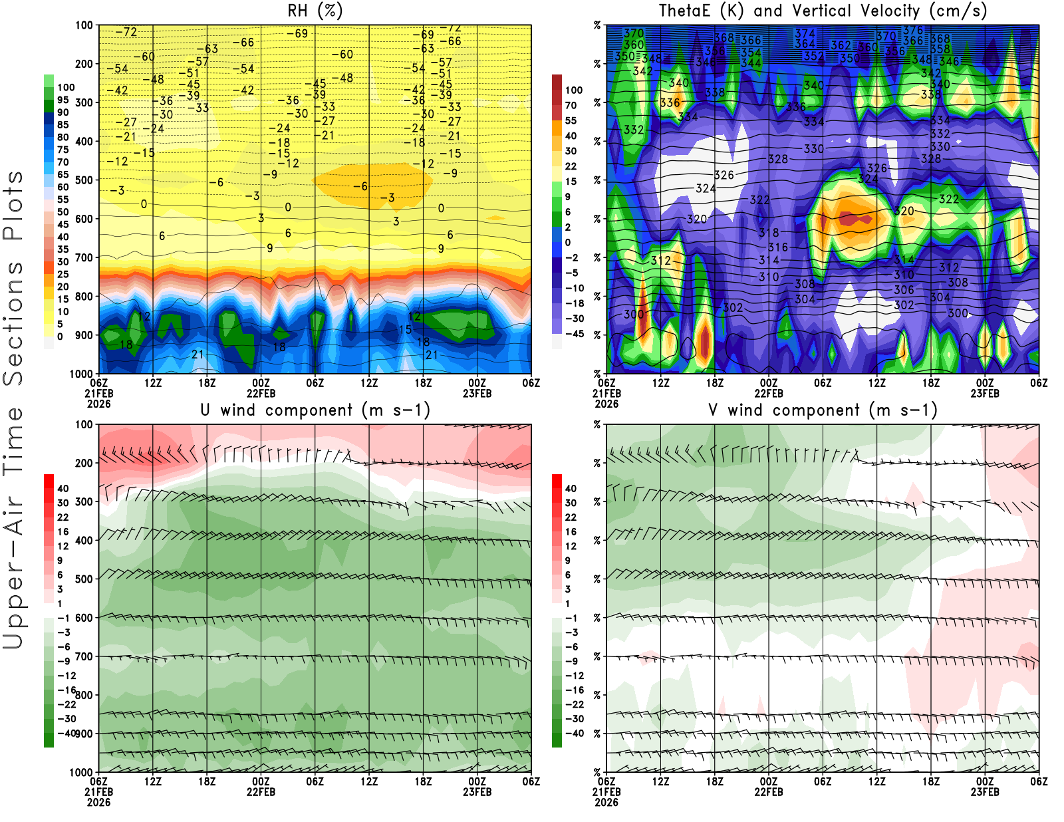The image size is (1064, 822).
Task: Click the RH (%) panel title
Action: pos(315,11)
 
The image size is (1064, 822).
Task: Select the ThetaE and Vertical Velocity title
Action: pos(822,11)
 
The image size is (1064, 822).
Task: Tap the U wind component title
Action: pos(315,410)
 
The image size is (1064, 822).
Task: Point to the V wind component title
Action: pos(822,410)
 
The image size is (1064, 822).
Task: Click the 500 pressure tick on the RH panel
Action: pos(84,180)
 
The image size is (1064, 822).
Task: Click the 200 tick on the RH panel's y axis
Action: pos(84,64)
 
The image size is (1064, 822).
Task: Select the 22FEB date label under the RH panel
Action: pos(261,393)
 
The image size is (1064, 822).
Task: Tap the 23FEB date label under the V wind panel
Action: pos(985,792)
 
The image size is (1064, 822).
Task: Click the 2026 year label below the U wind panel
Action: pos(98,802)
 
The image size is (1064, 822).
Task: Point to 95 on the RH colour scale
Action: pos(63,100)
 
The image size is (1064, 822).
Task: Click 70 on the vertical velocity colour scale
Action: pos(571,105)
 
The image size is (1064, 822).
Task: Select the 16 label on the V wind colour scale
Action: pos(571,531)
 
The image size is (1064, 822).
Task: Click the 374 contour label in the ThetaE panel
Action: pos(805,33)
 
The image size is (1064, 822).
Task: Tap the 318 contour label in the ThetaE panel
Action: pos(769,233)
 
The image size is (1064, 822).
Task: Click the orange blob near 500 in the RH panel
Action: pos(372,183)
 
